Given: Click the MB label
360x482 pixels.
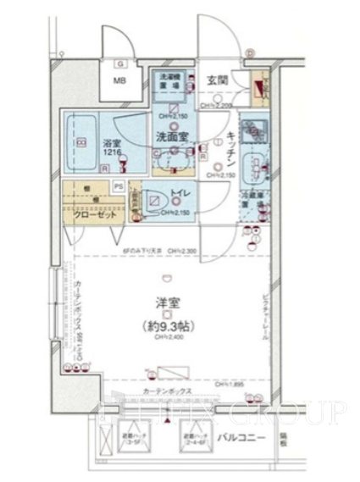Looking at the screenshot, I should pos(121,81).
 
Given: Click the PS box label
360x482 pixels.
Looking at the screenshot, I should pos(119,186).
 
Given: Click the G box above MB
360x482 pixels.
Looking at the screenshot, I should pos(121,64).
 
